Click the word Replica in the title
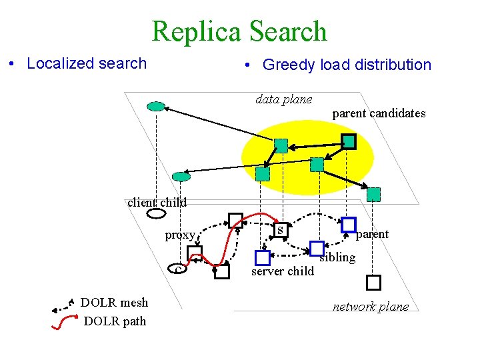pyautogui.click(x=196, y=31)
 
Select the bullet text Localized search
pyautogui.click(x=87, y=64)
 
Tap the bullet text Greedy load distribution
pyautogui.click(x=347, y=65)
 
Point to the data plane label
pyautogui.click(x=284, y=99)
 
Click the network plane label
pyautogui.click(x=371, y=307)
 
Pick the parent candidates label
pyautogui.click(x=379, y=113)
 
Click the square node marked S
pyautogui.click(x=281, y=230)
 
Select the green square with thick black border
pyautogui.click(x=349, y=141)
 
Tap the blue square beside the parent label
pyautogui.click(x=349, y=225)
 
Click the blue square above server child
pyautogui.click(x=263, y=258)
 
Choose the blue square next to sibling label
pyautogui.click(x=317, y=248)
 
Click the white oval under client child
pyautogui.click(x=157, y=213)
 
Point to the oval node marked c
pyautogui.click(x=177, y=269)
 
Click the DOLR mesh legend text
pyautogui.click(x=114, y=303)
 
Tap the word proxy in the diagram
pyautogui.click(x=180, y=235)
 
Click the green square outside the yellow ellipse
pyautogui.click(x=373, y=195)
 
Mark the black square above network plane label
pyautogui.click(x=373, y=283)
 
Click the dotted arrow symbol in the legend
pyautogui.click(x=63, y=307)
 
